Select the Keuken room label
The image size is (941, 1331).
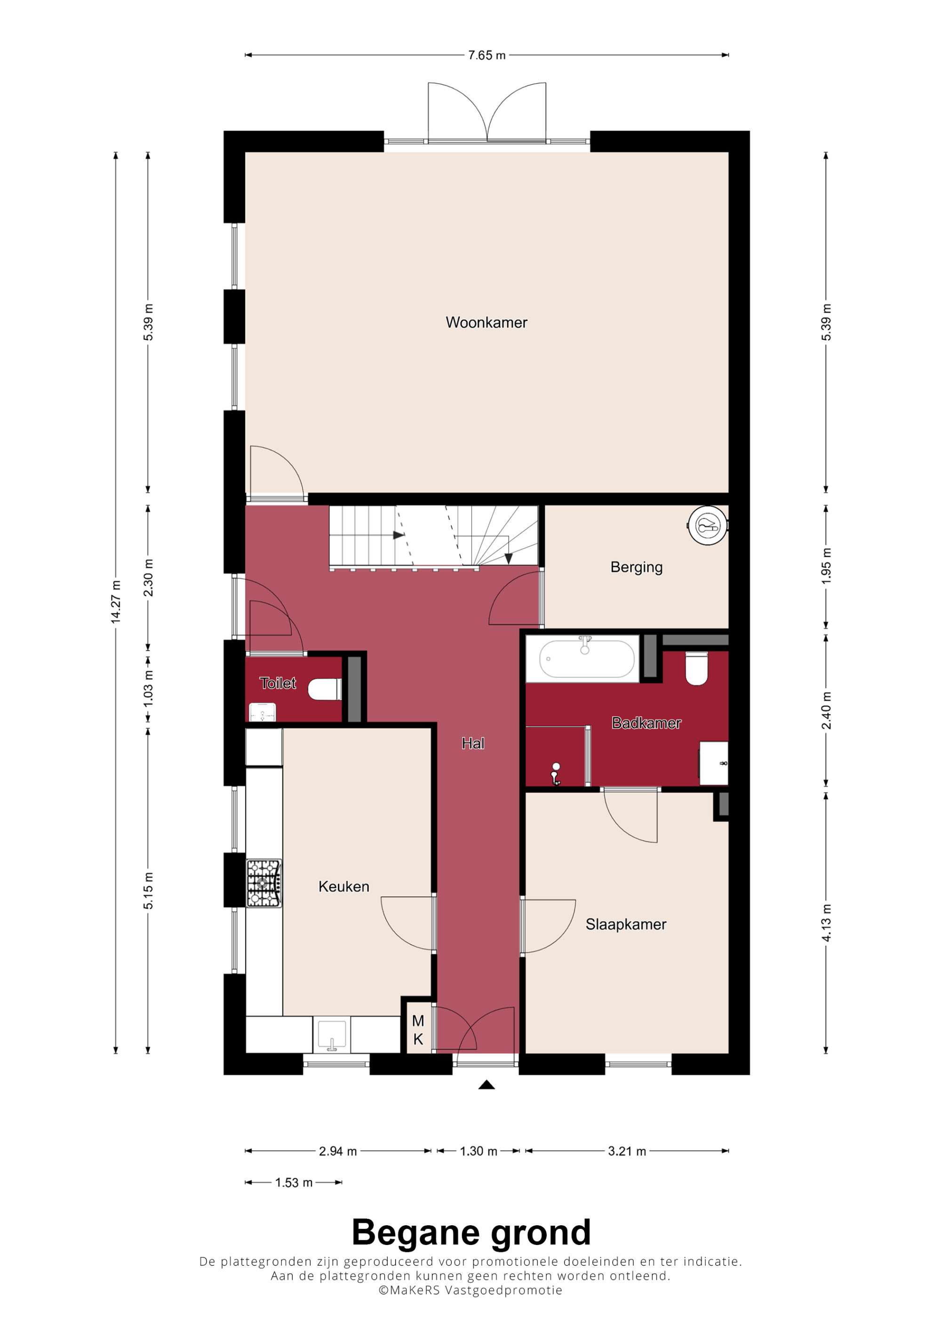344,887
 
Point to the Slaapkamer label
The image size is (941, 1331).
626,924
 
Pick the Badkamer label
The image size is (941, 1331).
646,723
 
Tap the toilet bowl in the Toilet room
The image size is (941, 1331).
325,689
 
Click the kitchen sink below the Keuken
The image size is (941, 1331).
332,1035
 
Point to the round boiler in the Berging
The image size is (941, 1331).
707,525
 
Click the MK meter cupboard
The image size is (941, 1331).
418,1030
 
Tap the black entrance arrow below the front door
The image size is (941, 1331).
486,1085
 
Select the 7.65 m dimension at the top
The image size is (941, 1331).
486,55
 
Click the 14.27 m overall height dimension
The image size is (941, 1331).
116,603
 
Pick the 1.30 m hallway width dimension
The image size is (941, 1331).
478,1151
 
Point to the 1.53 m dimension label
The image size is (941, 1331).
294,1182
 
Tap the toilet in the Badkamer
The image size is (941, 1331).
696,668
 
